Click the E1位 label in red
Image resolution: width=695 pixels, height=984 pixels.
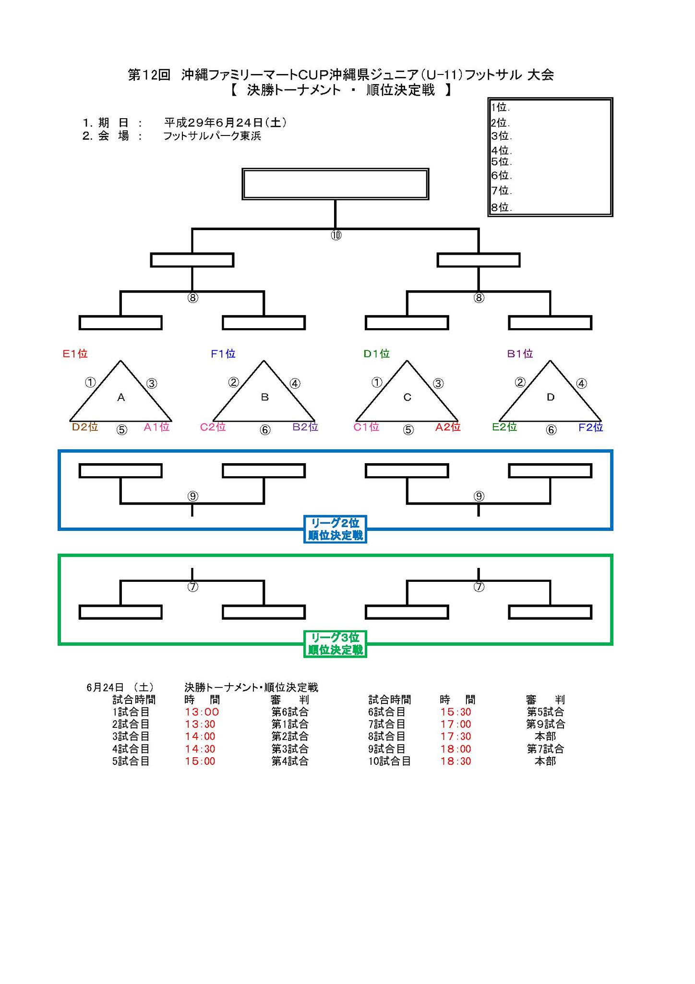[75, 354]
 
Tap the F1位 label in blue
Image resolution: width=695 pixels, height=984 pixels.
[223, 354]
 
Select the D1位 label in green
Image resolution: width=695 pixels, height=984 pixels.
[376, 354]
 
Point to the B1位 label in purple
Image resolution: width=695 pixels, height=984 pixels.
[520, 354]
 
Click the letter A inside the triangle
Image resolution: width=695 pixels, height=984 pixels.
[121, 397]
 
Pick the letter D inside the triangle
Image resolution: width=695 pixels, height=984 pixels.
[551, 397]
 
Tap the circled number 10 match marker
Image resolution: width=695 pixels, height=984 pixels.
[336, 235]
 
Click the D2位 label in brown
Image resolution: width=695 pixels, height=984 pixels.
[85, 427]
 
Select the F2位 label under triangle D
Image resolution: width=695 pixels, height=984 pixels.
[591, 427]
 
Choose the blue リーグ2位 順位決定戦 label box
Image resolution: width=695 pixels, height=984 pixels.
[335, 529]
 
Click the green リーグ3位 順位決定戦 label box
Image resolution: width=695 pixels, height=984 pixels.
[335, 644]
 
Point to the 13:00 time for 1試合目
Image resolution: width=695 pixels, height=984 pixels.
[202, 712]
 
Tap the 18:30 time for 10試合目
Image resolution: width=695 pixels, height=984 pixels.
[456, 761]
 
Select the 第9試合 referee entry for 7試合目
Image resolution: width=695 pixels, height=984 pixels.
[546, 724]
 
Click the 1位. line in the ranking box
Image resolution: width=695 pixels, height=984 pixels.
[500, 108]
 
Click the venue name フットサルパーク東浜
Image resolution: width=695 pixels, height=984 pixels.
[212, 136]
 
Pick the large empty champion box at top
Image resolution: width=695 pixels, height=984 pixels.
[335, 184]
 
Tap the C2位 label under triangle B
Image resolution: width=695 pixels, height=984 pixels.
[213, 427]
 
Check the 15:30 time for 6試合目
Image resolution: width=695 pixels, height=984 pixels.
[456, 712]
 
